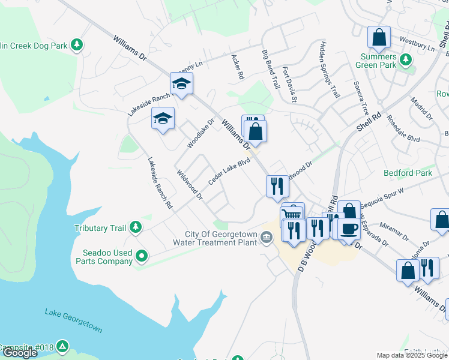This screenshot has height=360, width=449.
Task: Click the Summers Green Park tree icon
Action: (406, 59)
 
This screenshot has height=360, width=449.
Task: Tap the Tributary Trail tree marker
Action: (136, 227)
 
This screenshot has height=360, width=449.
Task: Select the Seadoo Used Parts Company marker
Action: (142, 257)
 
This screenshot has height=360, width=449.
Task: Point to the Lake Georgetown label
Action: (73, 321)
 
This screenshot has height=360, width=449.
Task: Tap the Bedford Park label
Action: (408, 173)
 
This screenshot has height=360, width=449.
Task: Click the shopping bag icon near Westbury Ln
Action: (379, 38)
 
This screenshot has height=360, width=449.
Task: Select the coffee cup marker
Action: (349, 229)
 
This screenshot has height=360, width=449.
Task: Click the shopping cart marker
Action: (293, 214)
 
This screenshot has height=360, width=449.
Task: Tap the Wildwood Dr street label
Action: (190, 185)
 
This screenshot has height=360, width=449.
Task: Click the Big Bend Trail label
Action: (271, 70)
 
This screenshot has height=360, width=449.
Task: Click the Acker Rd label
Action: (238, 68)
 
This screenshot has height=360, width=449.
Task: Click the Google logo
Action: (20, 353)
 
